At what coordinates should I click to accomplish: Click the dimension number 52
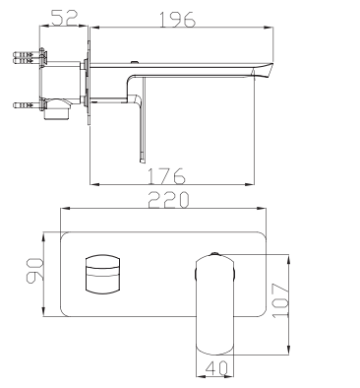click(x=64, y=18)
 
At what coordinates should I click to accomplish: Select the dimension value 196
click(x=177, y=20)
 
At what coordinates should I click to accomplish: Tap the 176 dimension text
click(x=167, y=176)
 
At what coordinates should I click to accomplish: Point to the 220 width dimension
click(x=168, y=200)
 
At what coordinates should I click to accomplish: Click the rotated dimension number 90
click(x=34, y=270)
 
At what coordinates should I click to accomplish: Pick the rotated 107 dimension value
click(x=280, y=300)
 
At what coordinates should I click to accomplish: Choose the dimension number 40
click(x=216, y=368)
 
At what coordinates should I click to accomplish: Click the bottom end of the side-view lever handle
click(x=142, y=161)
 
